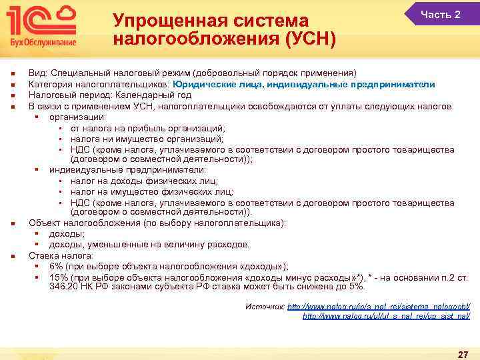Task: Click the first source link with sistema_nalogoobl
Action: point(379,306)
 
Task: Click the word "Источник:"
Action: point(265,306)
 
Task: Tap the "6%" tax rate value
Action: point(56,265)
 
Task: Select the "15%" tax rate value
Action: point(59,276)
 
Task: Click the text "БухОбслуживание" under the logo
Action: point(41,42)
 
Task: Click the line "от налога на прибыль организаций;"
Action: point(148,127)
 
